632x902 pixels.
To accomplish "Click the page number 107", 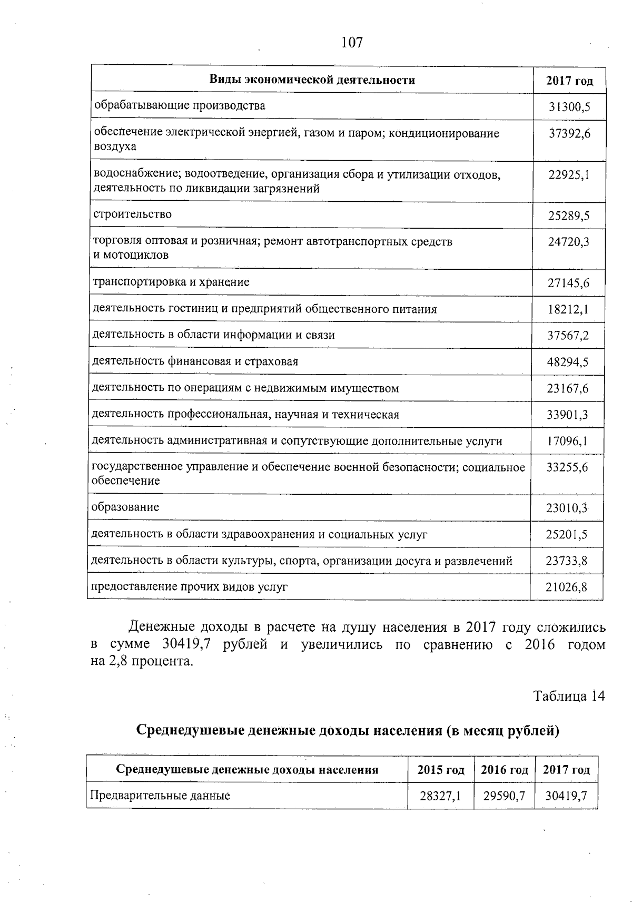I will point(352,43).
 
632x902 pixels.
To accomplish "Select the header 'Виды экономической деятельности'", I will point(312,80).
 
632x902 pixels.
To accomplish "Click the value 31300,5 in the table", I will point(569,107).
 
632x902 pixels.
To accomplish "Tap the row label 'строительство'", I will point(133,214).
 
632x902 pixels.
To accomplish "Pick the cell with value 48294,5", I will point(568,362).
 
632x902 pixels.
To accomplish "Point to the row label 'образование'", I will point(125,507).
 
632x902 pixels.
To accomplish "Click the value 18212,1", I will point(568,310).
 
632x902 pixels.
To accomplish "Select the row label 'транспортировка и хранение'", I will point(171,282).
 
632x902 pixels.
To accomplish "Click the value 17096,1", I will point(567,442).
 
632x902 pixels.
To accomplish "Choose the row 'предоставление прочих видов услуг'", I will point(190,587).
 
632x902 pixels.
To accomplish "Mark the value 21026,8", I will point(566,587).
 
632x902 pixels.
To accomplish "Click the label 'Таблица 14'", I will point(569,696).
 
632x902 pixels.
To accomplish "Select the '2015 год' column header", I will point(441,770).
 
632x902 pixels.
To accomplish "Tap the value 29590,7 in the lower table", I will point(505,796).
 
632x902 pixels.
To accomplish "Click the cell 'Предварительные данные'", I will point(160,796).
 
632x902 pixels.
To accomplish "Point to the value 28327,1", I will point(441,796).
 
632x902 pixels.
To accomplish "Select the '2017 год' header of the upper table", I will point(569,81).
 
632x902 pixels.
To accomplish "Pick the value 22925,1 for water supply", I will point(569,175).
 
